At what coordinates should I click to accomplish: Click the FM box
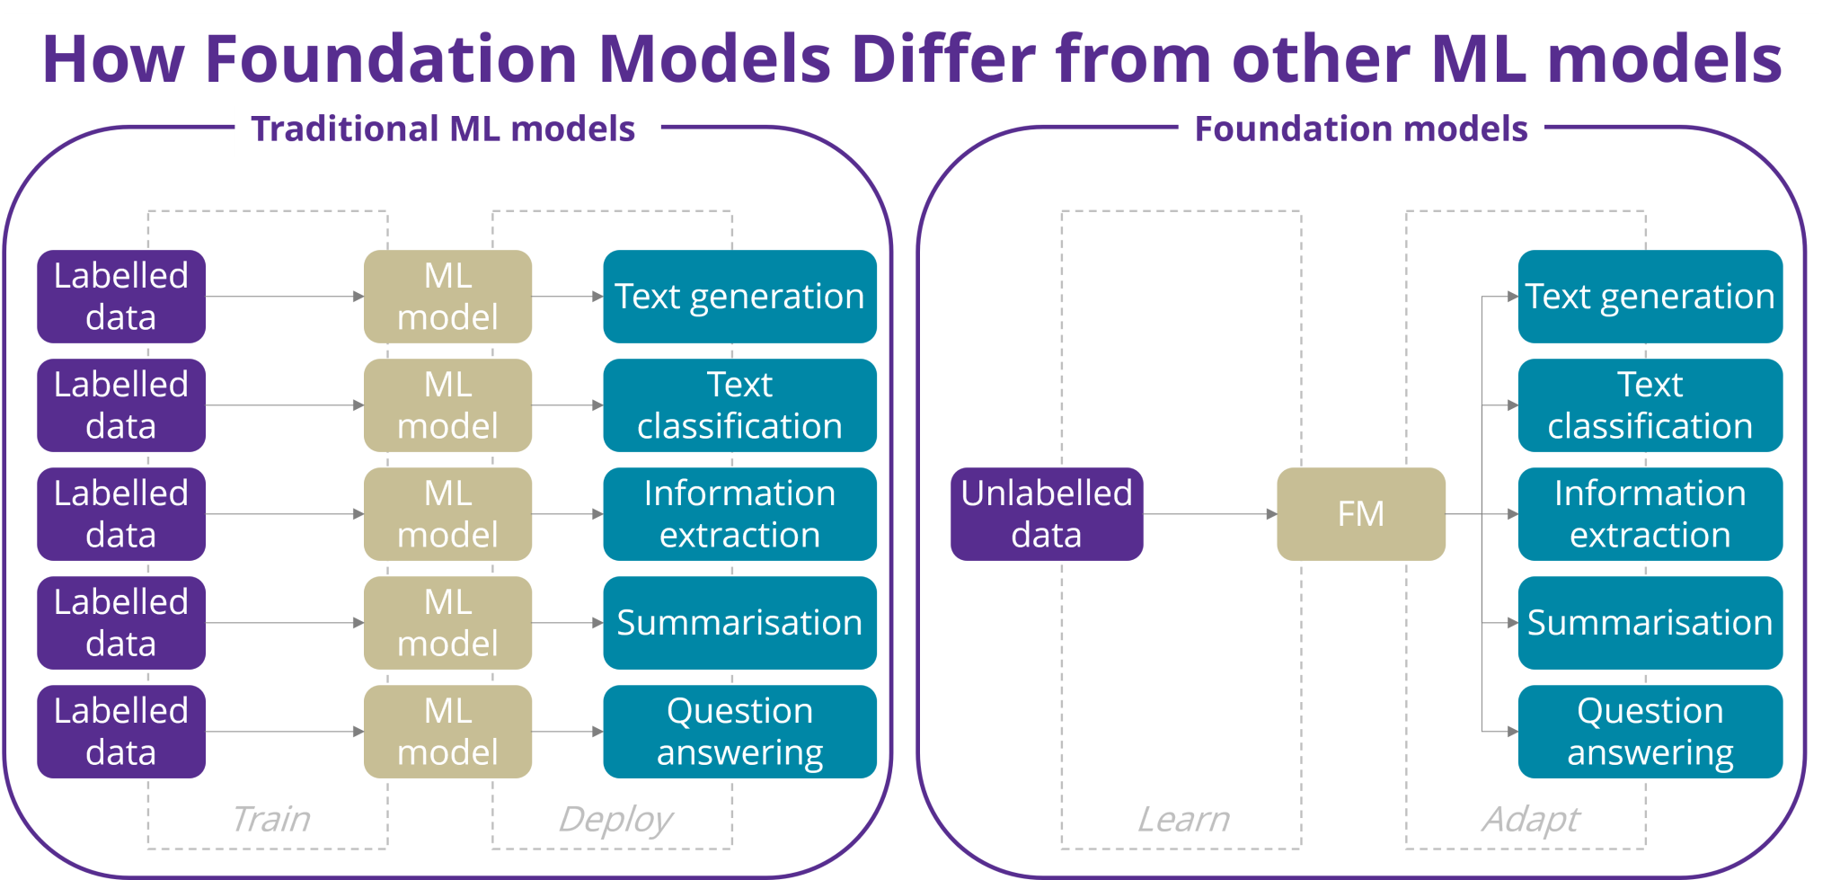(1360, 514)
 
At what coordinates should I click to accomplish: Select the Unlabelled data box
(1047, 514)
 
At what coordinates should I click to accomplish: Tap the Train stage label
(270, 819)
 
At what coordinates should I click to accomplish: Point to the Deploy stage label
(615, 819)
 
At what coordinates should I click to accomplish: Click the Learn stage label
(1183, 819)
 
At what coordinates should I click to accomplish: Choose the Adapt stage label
(1530, 819)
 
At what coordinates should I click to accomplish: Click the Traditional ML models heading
(444, 129)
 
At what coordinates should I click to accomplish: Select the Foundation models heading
(1361, 129)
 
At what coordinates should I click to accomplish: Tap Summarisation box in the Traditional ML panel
(739, 623)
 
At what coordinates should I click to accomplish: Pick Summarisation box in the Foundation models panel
(1650, 623)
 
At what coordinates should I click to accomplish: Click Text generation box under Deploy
(739, 297)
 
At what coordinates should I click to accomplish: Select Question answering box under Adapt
(1650, 732)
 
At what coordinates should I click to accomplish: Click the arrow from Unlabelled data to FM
(1209, 514)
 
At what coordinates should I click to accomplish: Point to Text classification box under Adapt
(1650, 405)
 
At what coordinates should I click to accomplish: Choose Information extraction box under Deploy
(739, 514)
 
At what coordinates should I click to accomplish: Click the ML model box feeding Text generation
(447, 297)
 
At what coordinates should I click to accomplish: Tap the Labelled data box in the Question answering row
(121, 732)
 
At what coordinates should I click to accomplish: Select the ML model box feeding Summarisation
(447, 623)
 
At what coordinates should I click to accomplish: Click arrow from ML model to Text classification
(567, 405)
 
